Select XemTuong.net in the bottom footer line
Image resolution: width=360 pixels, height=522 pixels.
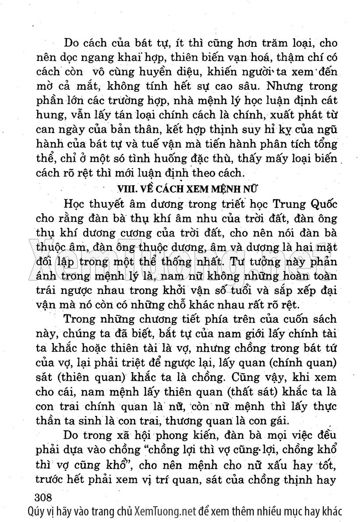(165, 511)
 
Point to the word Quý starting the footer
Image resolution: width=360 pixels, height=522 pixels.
(35, 511)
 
